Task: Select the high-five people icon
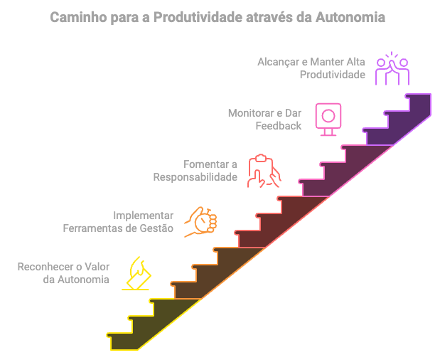[392, 70]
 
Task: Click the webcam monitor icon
[328, 119]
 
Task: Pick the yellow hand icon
[137, 272]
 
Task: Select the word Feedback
[279, 125]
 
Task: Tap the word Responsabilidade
[195, 176]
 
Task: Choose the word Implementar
[144, 215]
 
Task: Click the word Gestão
[158, 228]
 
